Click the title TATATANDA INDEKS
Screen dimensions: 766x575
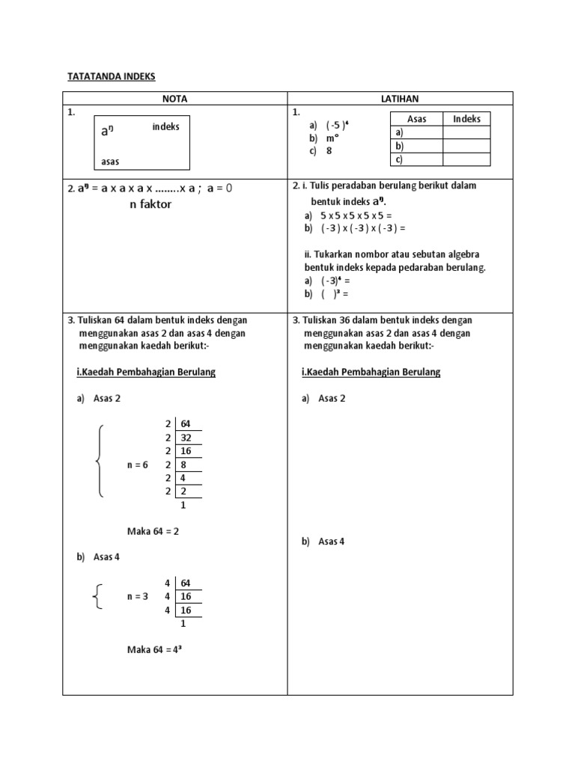pos(112,76)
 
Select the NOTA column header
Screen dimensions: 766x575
pos(175,98)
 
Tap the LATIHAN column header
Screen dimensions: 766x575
pos(401,98)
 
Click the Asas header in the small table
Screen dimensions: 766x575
pos(416,119)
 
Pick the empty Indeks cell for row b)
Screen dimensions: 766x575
pos(466,146)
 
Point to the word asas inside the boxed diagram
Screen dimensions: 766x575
pos(110,162)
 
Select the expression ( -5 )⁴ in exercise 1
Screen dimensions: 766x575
pos(338,124)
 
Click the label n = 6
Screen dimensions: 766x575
pos(138,465)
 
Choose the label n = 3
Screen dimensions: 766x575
pos(138,596)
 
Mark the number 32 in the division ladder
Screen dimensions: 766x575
pos(186,438)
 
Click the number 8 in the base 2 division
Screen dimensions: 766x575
pos(184,465)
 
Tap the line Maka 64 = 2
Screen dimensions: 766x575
pos(153,531)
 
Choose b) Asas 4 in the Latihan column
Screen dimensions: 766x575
pos(323,541)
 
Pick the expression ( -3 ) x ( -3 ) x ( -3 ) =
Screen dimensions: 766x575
pos(362,227)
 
